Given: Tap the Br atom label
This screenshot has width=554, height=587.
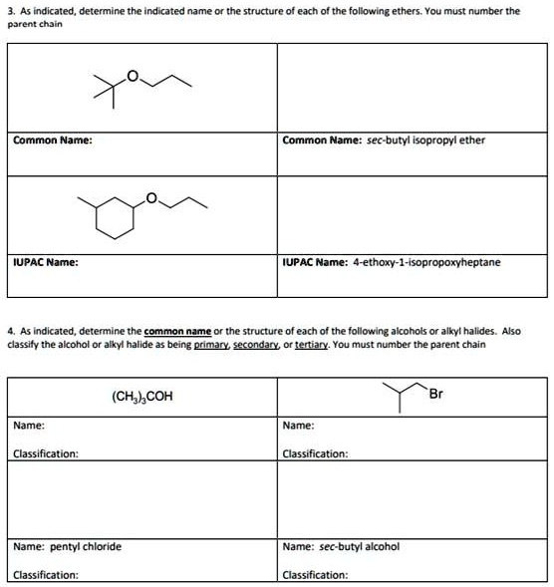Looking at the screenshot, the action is click(x=435, y=392).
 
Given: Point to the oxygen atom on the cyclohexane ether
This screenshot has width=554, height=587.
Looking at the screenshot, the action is click(x=152, y=199).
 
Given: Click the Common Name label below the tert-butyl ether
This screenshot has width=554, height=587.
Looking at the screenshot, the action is click(x=53, y=140).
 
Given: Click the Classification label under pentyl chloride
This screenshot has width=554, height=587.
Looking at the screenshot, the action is click(x=46, y=574).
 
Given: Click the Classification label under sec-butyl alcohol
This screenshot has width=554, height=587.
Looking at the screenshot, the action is click(x=316, y=574).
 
